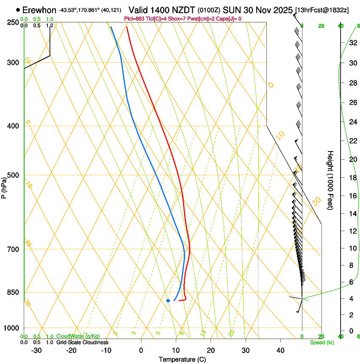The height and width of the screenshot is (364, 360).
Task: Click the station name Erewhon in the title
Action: point(39,10)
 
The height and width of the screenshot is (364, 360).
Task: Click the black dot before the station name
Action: point(18,9)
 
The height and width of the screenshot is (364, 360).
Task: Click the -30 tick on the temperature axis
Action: point(36,350)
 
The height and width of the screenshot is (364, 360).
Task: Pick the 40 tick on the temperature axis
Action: point(280,350)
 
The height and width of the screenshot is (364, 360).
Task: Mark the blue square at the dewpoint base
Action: point(168,301)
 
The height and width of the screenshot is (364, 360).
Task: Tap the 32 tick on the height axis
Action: point(352,43)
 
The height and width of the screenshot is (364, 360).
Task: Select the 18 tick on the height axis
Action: point(352,177)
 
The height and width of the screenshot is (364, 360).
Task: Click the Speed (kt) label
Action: point(321,342)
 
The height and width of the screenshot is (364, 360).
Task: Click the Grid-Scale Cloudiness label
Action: point(82,342)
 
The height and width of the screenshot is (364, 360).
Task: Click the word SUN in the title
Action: point(231,10)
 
